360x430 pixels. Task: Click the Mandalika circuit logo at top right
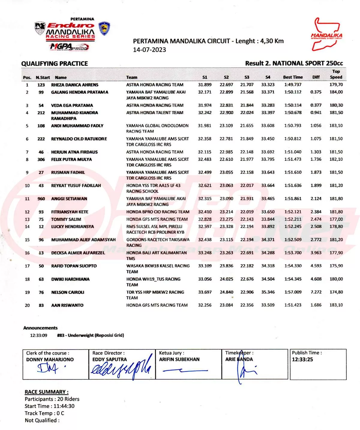(x=326, y=34)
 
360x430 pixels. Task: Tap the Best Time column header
(x=293, y=77)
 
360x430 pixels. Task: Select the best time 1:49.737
(x=293, y=85)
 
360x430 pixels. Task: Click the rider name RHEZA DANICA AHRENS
(x=75, y=85)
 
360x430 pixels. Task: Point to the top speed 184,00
(x=336, y=92)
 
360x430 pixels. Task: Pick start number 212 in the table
(x=41, y=113)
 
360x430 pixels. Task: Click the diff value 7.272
(x=316, y=292)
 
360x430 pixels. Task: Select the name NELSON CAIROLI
(x=67, y=292)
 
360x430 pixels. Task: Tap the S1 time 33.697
(x=205, y=292)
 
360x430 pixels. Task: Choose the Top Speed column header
(x=336, y=74)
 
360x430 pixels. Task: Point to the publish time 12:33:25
(x=302, y=359)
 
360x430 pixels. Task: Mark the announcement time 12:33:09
(x=38, y=335)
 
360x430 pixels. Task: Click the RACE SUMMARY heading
(x=46, y=392)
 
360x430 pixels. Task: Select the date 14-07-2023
(x=149, y=50)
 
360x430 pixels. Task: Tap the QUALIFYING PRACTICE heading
(x=55, y=64)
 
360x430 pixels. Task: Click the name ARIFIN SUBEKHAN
(x=179, y=359)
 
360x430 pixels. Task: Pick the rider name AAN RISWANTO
(x=67, y=305)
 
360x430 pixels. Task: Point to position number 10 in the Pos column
(x=27, y=186)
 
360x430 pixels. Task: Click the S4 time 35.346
(x=268, y=292)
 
